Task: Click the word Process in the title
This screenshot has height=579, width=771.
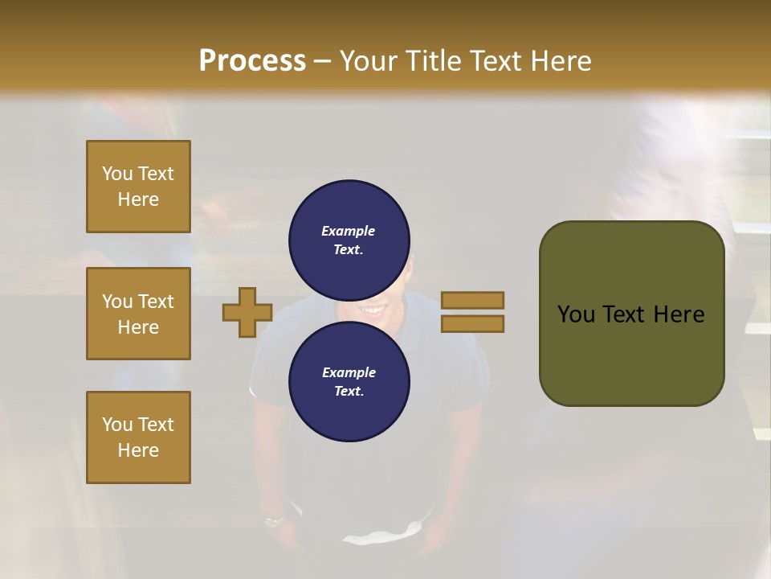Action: (x=252, y=60)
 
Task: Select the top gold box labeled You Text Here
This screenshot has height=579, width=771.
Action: (x=138, y=187)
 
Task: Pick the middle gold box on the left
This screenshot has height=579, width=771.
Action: (x=138, y=314)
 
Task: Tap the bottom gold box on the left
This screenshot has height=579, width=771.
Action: (x=138, y=437)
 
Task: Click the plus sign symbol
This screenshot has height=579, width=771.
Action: (x=247, y=312)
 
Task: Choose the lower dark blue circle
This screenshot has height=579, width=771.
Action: (x=349, y=381)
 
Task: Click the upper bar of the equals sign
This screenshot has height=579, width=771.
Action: (x=472, y=300)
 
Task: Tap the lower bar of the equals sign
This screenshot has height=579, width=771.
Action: (x=472, y=323)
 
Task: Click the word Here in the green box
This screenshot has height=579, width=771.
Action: (x=679, y=314)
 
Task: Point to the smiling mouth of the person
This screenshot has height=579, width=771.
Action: (x=372, y=309)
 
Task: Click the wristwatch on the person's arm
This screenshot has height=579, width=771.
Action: (x=274, y=520)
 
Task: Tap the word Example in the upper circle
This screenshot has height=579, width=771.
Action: (x=349, y=231)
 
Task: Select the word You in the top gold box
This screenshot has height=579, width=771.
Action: (x=117, y=174)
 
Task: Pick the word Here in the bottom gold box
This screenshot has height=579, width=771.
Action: (x=138, y=450)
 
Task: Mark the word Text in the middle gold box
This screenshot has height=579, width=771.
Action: (x=155, y=302)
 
